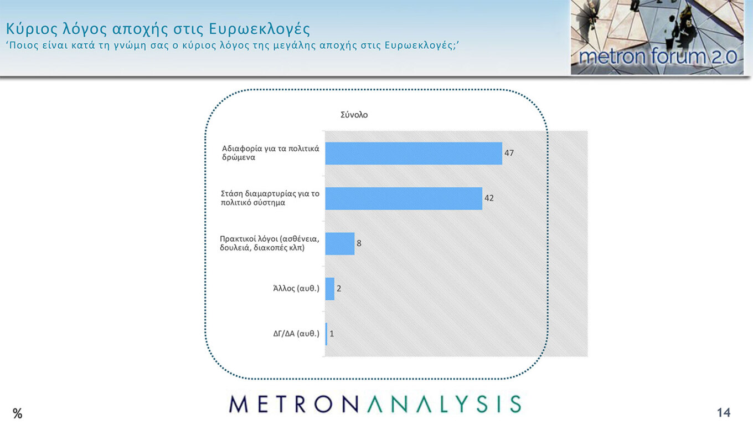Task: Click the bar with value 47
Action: click(x=413, y=154)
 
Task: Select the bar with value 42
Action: click(x=403, y=198)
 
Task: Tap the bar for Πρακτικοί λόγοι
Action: click(x=339, y=243)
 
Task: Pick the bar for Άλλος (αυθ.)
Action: click(x=329, y=289)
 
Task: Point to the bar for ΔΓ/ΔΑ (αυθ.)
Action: click(x=326, y=334)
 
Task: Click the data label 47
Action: click(x=509, y=153)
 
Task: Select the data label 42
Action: click(x=489, y=198)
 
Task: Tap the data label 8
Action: click(x=359, y=243)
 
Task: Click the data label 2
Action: click(x=339, y=288)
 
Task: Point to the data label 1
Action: click(x=332, y=334)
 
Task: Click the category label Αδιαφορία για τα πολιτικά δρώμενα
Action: click(x=270, y=153)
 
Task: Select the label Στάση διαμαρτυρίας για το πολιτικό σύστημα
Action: click(x=270, y=198)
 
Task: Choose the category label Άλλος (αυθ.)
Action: click(x=296, y=288)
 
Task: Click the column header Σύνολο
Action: click(x=354, y=115)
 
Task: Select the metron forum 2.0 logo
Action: click(x=657, y=37)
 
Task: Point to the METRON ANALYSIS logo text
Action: click(x=375, y=404)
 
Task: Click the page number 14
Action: click(x=723, y=412)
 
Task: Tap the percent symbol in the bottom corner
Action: click(x=18, y=413)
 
